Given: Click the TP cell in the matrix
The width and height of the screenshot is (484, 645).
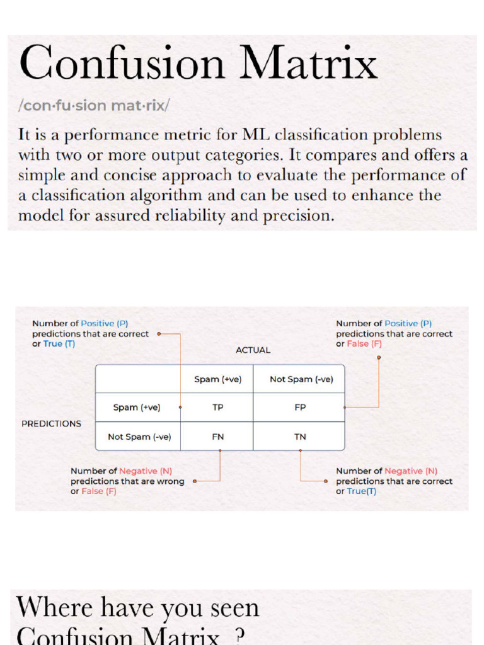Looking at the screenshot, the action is click(217, 408).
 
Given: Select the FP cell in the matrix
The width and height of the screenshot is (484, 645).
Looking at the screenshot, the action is click(300, 408).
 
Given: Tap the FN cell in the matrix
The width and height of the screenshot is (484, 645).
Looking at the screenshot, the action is click(217, 437).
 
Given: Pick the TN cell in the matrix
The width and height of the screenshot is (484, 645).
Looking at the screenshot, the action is click(300, 437).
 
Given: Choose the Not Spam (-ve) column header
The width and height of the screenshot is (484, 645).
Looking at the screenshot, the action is click(301, 379).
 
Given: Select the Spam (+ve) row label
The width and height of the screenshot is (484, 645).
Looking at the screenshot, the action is click(137, 408).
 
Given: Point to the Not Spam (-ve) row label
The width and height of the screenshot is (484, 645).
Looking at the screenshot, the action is click(139, 437).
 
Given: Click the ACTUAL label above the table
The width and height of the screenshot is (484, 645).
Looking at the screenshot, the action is click(253, 350).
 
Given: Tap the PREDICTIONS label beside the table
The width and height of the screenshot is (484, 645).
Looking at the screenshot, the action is click(51, 424).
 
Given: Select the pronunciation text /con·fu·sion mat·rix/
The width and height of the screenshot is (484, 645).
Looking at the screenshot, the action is click(94, 105).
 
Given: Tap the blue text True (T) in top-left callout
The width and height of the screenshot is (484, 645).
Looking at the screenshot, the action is click(59, 344).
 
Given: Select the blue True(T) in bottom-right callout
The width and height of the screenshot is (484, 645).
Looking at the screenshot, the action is click(361, 491).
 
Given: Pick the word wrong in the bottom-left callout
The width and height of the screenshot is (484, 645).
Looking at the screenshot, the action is click(171, 481).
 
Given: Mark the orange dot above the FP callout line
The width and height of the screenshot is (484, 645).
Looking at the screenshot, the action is click(379, 357).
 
